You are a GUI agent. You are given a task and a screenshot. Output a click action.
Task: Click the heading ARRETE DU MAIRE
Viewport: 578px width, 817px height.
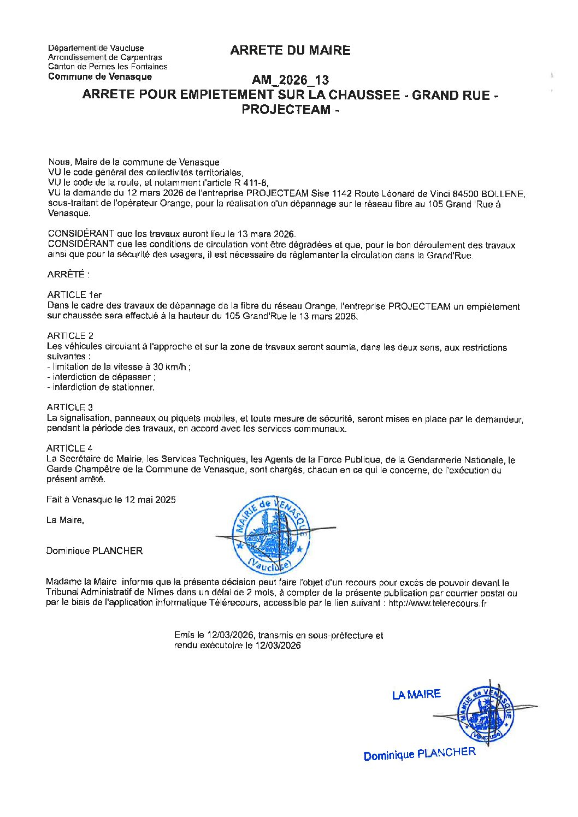tap(290, 51)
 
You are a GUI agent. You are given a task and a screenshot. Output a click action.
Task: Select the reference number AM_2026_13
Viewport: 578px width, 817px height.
tap(290, 81)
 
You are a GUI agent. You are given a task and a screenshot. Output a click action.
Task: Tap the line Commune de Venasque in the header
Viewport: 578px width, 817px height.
tap(100, 76)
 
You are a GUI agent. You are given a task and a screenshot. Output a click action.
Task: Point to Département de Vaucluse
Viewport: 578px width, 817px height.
tap(96, 48)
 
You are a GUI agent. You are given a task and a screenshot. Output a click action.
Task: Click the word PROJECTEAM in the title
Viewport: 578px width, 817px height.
tap(286, 109)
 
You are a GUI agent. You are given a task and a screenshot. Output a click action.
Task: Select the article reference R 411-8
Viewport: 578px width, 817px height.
tap(249, 183)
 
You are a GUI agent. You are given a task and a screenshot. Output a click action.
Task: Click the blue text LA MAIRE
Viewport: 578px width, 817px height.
tap(416, 695)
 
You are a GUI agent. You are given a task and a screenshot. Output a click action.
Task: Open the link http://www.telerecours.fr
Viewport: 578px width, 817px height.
tap(437, 603)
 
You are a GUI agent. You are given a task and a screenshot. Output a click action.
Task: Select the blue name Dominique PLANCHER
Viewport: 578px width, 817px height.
tap(420, 754)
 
